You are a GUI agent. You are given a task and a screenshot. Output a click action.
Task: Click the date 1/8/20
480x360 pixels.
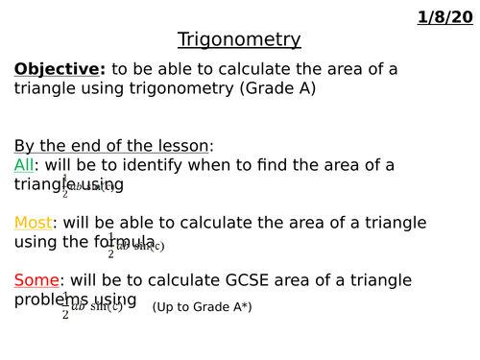pyautogui.click(x=445, y=17)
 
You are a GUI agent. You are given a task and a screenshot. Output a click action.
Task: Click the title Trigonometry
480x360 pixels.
pyautogui.click(x=239, y=39)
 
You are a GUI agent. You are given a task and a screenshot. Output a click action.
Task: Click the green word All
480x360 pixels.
pyautogui.click(x=24, y=165)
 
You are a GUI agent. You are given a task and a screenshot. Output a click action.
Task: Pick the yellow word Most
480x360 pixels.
pyautogui.click(x=33, y=223)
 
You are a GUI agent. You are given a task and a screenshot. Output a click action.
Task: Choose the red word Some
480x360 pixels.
pyautogui.click(x=36, y=280)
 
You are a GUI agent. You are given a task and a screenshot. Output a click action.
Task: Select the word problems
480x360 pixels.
pyautogui.click(x=50, y=300)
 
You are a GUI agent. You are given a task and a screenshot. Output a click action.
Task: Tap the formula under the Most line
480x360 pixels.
pyautogui.click(x=134, y=246)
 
